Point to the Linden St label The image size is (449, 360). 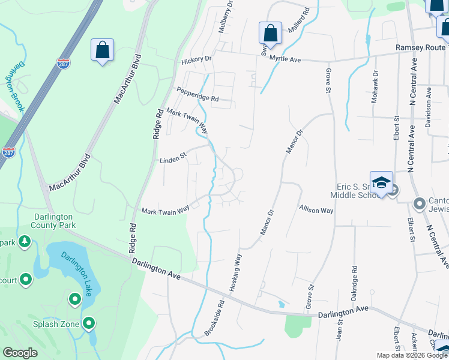pyautogui.click(x=173, y=160)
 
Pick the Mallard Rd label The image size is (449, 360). pyautogui.click(x=298, y=20)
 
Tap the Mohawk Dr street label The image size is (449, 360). pyautogui.click(x=374, y=90)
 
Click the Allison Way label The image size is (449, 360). pyautogui.click(x=316, y=211)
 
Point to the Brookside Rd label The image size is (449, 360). pyautogui.click(x=214, y=318)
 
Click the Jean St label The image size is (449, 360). pyautogui.click(x=340, y=329)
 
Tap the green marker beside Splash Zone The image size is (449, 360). pyautogui.click(x=89, y=324)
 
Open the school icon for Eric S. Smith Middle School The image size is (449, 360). pyautogui.click(x=381, y=182)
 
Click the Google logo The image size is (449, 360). pyautogui.click(x=20, y=353)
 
